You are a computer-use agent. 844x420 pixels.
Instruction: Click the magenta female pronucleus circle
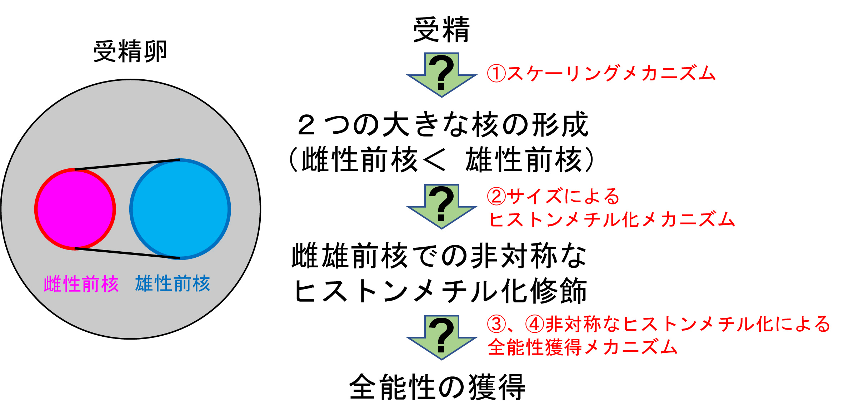pyautogui.click(x=75, y=209)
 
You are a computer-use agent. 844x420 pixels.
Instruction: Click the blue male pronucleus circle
pyautogui.click(x=180, y=209)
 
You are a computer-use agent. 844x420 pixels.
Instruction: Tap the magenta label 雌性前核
pyautogui.click(x=81, y=284)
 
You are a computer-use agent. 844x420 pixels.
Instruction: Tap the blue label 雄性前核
pyautogui.click(x=173, y=283)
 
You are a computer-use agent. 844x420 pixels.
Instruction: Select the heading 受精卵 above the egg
pyautogui.click(x=130, y=52)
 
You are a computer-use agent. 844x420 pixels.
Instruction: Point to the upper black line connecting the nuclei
pyautogui.click(x=127, y=164)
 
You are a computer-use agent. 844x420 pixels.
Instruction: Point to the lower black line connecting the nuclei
pyautogui.click(x=127, y=253)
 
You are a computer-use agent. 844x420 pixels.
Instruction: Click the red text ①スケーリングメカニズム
pyautogui.click(x=601, y=73)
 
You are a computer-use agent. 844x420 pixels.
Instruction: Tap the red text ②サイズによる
pyautogui.click(x=553, y=196)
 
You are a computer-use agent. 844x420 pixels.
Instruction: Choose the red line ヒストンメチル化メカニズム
pyautogui.click(x=612, y=219)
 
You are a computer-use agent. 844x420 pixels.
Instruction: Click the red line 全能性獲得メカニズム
pyautogui.click(x=583, y=347)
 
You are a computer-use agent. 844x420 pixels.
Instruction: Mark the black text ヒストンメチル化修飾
pyautogui.click(x=440, y=290)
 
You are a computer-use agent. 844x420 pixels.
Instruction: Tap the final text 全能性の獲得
pyautogui.click(x=437, y=387)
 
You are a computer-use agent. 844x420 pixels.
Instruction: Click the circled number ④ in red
pyautogui.click(x=535, y=324)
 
